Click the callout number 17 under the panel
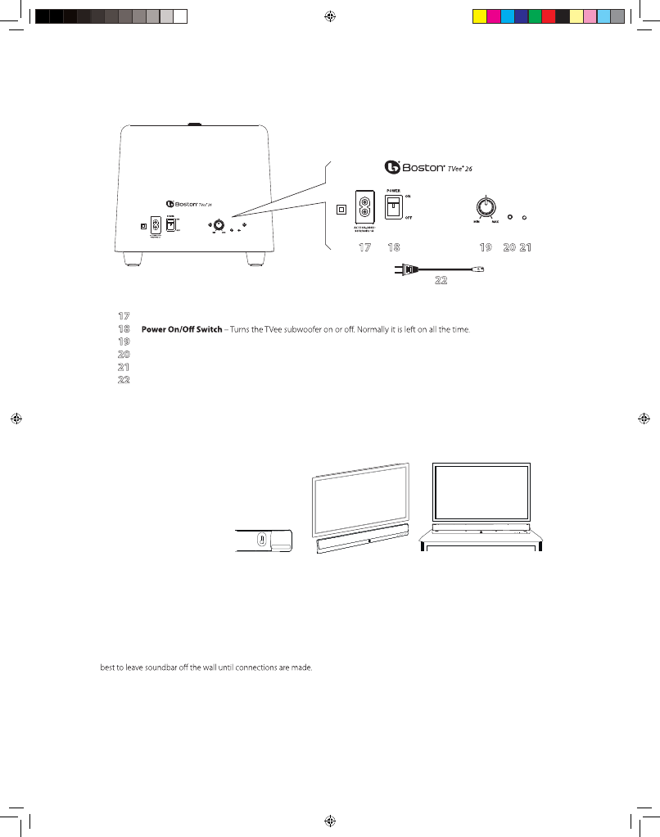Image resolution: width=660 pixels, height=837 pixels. coord(365,247)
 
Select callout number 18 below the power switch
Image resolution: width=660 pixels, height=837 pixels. coord(394,247)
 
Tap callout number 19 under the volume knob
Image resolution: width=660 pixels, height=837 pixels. coord(485,247)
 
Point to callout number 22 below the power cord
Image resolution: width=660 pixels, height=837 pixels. coord(441,280)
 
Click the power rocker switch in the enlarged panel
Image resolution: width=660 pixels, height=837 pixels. coord(394,206)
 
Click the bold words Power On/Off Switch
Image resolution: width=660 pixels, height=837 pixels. coord(182,329)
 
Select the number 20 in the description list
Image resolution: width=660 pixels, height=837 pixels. coord(124,355)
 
